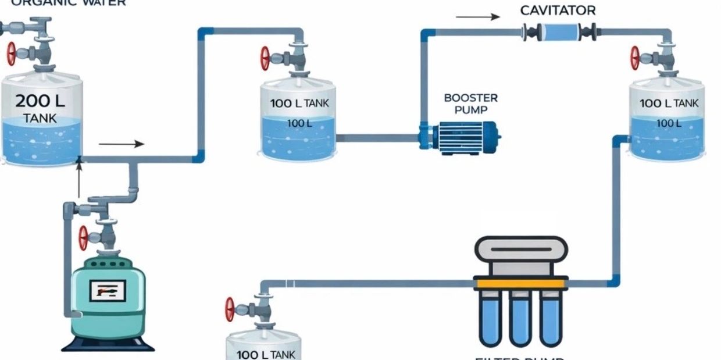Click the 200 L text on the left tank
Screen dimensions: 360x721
pos(40,101)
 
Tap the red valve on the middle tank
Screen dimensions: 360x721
pos(265,59)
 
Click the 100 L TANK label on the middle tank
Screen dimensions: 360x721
pos(299,104)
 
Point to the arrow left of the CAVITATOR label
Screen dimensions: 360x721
pos(477,17)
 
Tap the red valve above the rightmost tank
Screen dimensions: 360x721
pos(635,59)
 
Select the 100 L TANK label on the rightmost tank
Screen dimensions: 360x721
pos(669,104)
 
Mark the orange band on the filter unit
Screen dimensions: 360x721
pos(520,283)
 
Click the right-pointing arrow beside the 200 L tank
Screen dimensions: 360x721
pos(122,144)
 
